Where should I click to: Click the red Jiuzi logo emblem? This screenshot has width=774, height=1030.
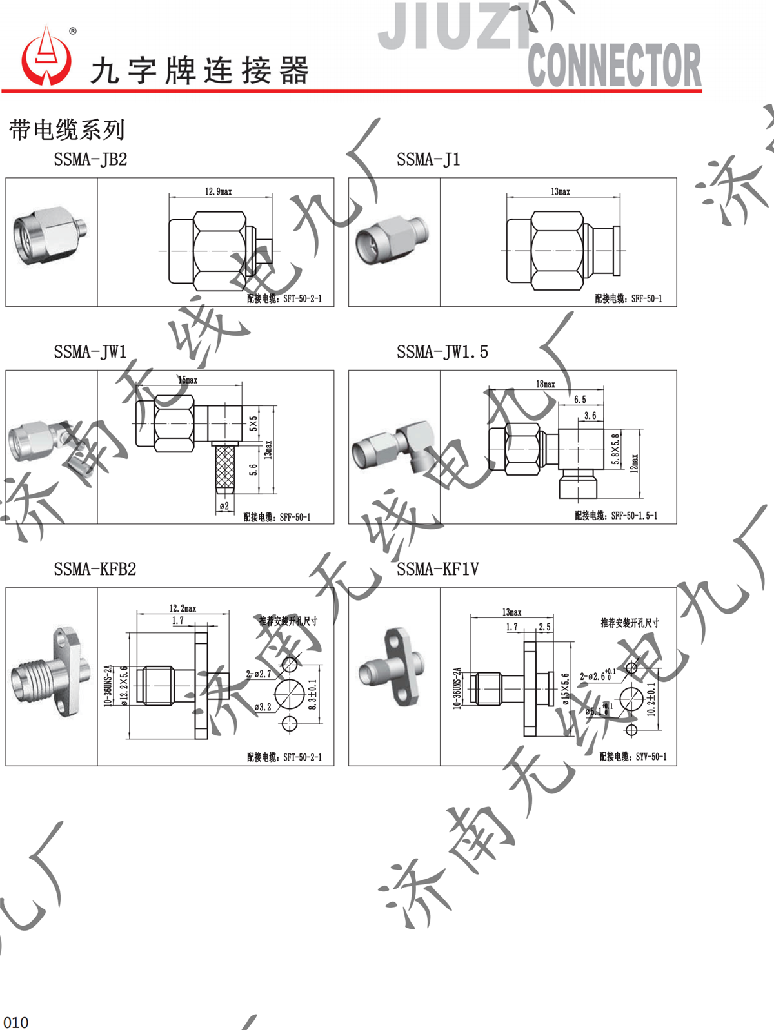[46, 58]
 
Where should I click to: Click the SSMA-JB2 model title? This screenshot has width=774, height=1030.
[90, 160]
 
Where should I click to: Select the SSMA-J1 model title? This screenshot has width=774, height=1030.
[428, 160]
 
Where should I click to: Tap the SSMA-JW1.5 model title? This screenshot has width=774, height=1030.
[442, 352]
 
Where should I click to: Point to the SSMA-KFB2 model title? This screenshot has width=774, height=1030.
[95, 569]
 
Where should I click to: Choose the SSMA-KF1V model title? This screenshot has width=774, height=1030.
[437, 569]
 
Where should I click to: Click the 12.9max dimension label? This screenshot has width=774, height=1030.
[218, 191]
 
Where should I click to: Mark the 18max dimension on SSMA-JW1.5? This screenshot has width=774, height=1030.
[545, 384]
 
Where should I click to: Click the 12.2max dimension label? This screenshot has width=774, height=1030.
[183, 608]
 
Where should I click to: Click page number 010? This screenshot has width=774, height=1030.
[16, 1022]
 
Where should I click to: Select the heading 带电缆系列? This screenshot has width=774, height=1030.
[66, 130]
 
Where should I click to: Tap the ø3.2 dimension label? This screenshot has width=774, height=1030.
[263, 707]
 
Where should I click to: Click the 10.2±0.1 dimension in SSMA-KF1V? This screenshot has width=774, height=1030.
[651, 699]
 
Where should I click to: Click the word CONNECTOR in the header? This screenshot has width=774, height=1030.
[614, 66]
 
